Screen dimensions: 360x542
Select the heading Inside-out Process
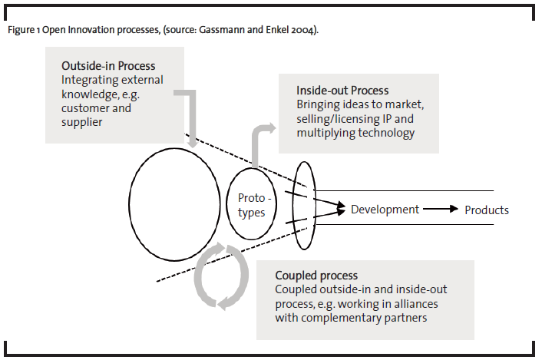(342, 90)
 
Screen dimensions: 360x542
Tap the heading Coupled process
(316, 275)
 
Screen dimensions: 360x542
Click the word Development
(385, 210)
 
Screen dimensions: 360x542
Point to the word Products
(487, 210)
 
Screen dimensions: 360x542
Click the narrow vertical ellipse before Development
(305, 205)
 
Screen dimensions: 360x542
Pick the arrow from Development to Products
(441, 210)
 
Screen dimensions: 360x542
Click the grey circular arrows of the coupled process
(222, 276)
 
